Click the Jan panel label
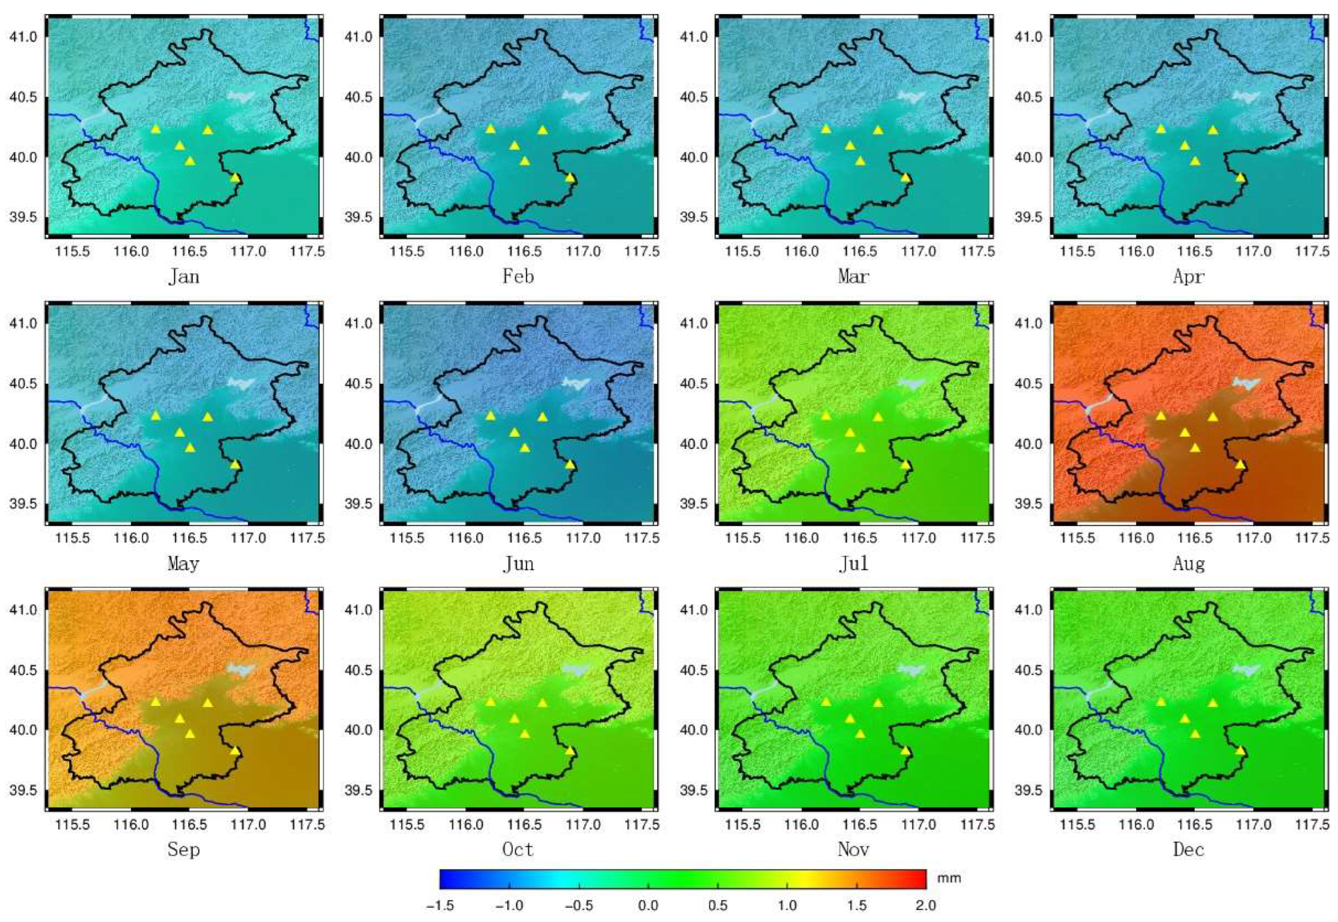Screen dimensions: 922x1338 (184, 277)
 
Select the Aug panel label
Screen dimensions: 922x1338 (1188, 564)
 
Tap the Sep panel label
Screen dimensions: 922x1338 (184, 849)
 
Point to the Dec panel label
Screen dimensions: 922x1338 (1188, 849)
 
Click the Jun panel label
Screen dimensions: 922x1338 (518, 564)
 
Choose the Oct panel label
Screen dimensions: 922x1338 (518, 849)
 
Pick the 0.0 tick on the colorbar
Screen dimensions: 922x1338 (648, 905)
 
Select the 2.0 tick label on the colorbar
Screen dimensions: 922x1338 (925, 905)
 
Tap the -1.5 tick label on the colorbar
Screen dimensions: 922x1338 (440, 905)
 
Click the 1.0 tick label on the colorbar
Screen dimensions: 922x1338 (787, 905)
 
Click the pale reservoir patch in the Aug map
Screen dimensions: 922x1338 (1247, 383)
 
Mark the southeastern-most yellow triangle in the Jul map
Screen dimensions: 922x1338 (905, 465)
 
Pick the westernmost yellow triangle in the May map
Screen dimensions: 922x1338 (156, 416)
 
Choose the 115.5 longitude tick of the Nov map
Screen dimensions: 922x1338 (743, 825)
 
